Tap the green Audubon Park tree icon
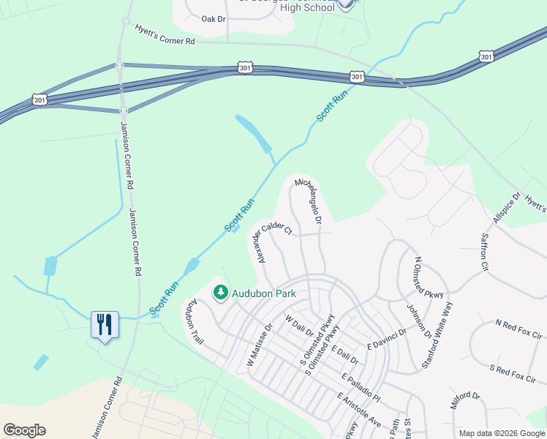click(x=220, y=293)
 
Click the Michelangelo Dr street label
click(x=309, y=199)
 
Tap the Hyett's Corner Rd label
click(x=165, y=34)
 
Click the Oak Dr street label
click(x=213, y=18)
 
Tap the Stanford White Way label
click(x=436, y=335)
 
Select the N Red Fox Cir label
click(x=520, y=323)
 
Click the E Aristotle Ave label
click(x=359, y=411)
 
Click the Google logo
click(x=24, y=430)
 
